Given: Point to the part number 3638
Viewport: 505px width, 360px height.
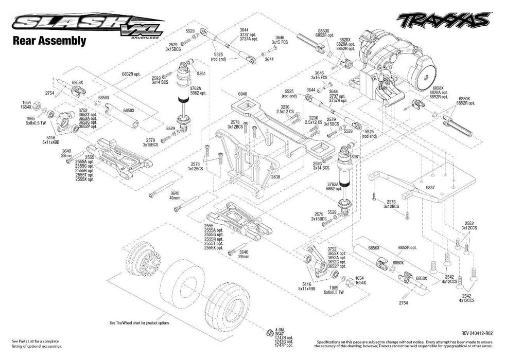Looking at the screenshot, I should [276, 176].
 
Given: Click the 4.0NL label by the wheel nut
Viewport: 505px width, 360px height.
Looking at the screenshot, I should [280, 330].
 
